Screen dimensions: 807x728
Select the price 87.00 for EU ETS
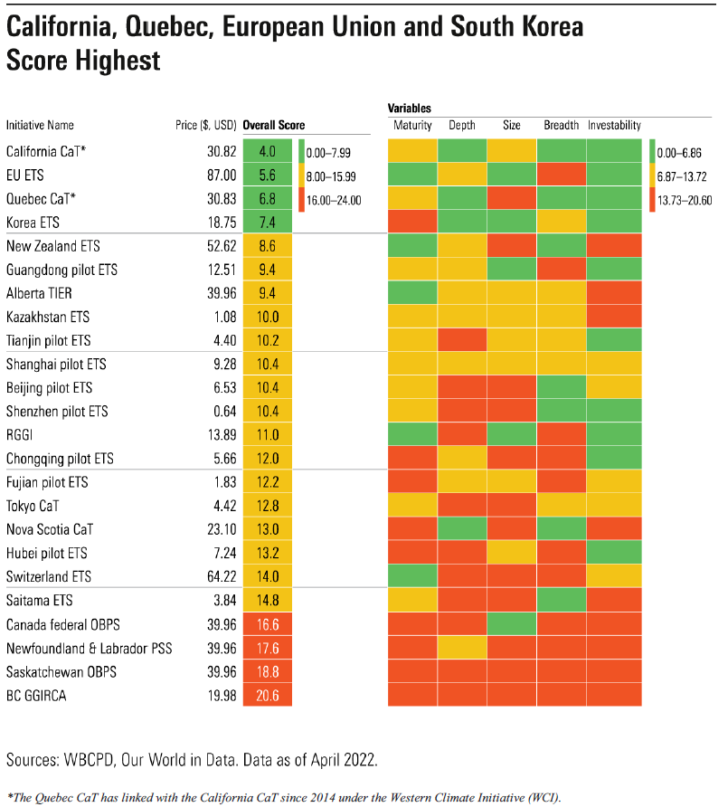click(222, 176)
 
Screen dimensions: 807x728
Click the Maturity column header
click(413, 126)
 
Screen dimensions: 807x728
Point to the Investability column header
click(614, 126)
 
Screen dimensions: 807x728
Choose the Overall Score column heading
click(274, 126)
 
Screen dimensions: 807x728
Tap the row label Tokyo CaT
click(33, 506)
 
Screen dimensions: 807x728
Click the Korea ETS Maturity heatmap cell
click(413, 223)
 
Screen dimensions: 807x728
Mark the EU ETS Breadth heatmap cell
click(562, 176)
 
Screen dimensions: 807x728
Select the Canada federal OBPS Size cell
click(512, 623)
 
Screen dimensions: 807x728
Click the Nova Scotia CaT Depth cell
click(462, 529)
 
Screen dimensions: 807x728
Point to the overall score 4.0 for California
click(267, 152)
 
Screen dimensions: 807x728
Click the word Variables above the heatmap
click(410, 108)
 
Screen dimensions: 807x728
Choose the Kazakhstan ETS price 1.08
click(222, 317)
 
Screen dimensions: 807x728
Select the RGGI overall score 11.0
click(267, 434)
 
